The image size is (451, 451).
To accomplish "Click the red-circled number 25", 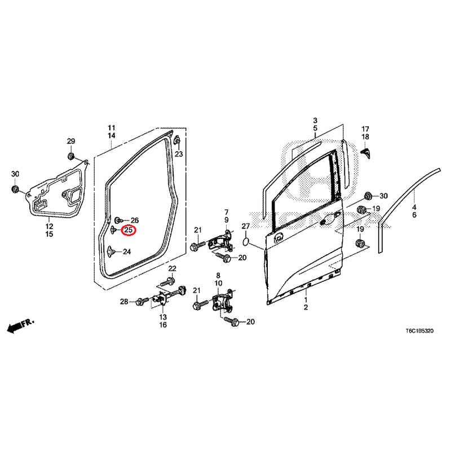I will click(x=128, y=230).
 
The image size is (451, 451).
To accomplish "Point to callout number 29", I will click(x=71, y=141).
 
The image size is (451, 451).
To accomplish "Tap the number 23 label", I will click(x=178, y=154).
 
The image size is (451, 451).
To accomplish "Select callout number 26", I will click(x=134, y=220).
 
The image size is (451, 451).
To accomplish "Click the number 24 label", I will click(x=126, y=252).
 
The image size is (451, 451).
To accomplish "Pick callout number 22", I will click(x=173, y=268).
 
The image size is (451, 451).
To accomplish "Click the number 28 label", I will click(x=124, y=302).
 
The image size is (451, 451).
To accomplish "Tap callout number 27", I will click(x=245, y=226).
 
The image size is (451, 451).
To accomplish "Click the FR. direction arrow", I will click(x=20, y=325).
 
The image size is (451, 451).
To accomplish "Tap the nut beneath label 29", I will click(x=72, y=155).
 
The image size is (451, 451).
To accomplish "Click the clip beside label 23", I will click(x=177, y=140).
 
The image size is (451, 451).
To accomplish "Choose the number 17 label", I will click(x=365, y=129).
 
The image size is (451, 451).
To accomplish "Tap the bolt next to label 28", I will click(x=138, y=303).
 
